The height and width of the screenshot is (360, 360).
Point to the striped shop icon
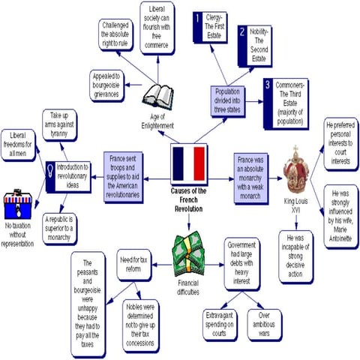coord(20,201)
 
